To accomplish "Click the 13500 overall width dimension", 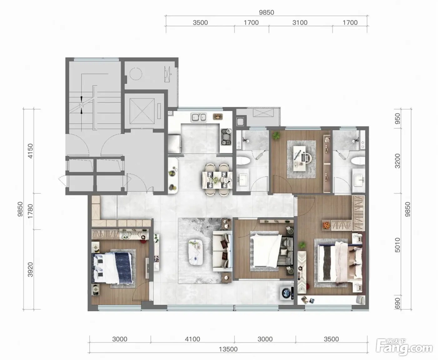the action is point(228,349).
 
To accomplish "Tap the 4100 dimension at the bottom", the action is point(192,339).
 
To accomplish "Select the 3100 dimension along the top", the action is point(300,23).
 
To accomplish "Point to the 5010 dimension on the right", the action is point(397,245).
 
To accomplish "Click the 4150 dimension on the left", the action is point(30,151).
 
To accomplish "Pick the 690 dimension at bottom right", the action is point(397,303).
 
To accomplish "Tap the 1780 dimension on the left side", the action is point(30,211).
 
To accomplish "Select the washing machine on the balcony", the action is point(287,293).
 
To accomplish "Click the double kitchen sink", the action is point(199,117).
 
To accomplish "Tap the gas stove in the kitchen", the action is point(226,137).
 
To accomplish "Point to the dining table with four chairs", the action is point(217,180).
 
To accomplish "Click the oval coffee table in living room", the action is point(196,252).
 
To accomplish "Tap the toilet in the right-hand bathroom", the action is point(358,161).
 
